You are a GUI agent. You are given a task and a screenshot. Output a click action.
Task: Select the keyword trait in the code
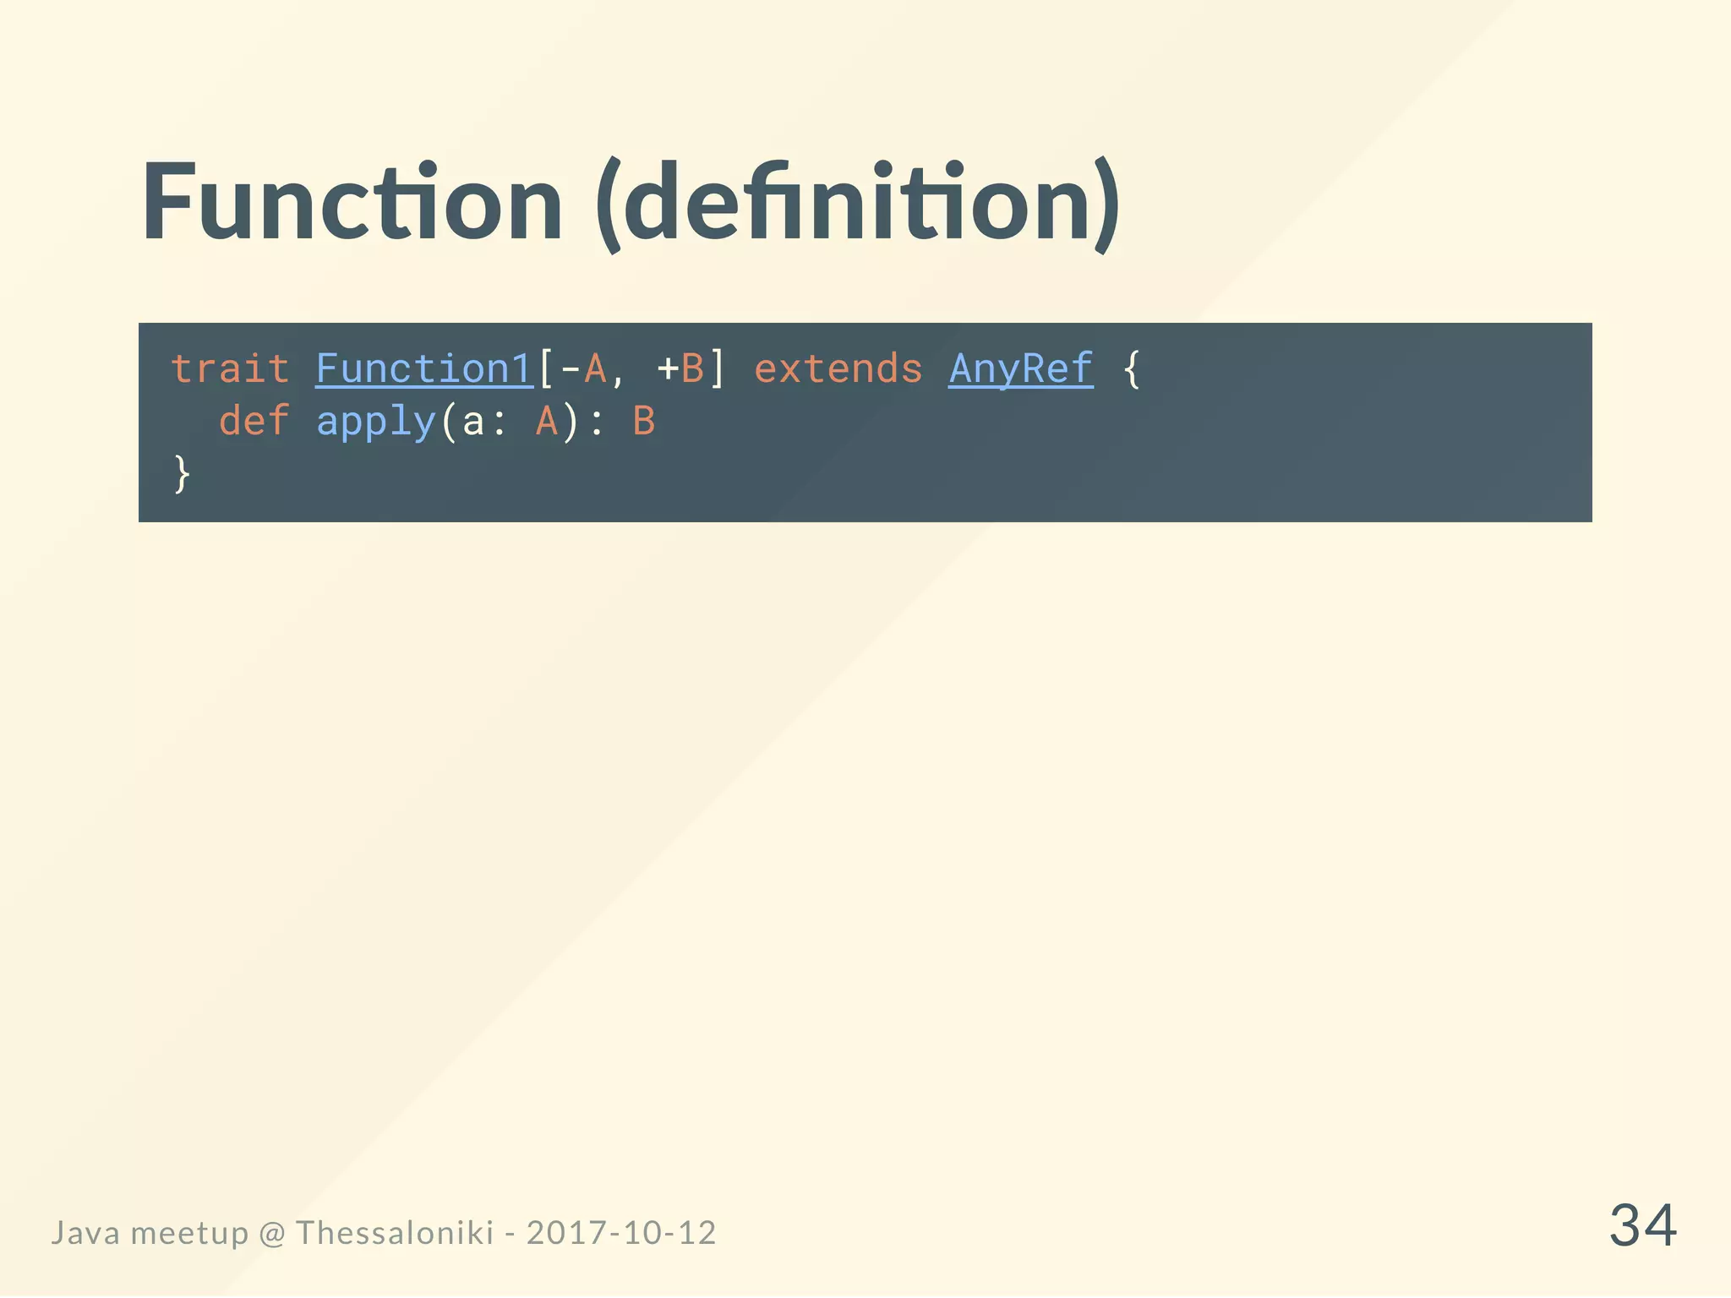(x=230, y=369)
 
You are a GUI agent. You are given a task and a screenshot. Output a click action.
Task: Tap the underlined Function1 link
(x=424, y=369)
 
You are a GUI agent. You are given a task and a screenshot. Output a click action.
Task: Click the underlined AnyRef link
(x=1020, y=369)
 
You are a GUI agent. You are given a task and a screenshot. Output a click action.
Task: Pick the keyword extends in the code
(x=838, y=369)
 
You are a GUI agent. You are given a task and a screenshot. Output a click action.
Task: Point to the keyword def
(x=254, y=421)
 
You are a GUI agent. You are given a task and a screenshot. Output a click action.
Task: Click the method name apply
(x=375, y=421)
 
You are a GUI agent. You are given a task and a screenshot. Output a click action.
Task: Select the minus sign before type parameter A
(x=571, y=369)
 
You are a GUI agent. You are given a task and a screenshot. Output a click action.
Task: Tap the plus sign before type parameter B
(x=668, y=369)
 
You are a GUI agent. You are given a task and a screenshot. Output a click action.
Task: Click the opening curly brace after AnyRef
(x=1131, y=369)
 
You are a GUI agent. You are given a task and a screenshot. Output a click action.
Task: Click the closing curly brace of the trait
(x=181, y=473)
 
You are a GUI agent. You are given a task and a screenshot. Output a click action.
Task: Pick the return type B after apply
(x=644, y=421)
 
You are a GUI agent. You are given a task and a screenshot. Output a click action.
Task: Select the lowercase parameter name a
(x=473, y=421)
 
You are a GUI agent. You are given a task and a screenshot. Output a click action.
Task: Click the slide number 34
(x=1642, y=1225)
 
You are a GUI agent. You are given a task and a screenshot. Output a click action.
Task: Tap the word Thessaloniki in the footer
(x=394, y=1233)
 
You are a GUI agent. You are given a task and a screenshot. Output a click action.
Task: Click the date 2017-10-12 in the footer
(x=621, y=1233)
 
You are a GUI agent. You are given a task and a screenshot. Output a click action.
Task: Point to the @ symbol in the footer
(x=271, y=1233)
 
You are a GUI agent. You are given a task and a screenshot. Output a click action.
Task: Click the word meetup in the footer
(x=189, y=1233)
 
